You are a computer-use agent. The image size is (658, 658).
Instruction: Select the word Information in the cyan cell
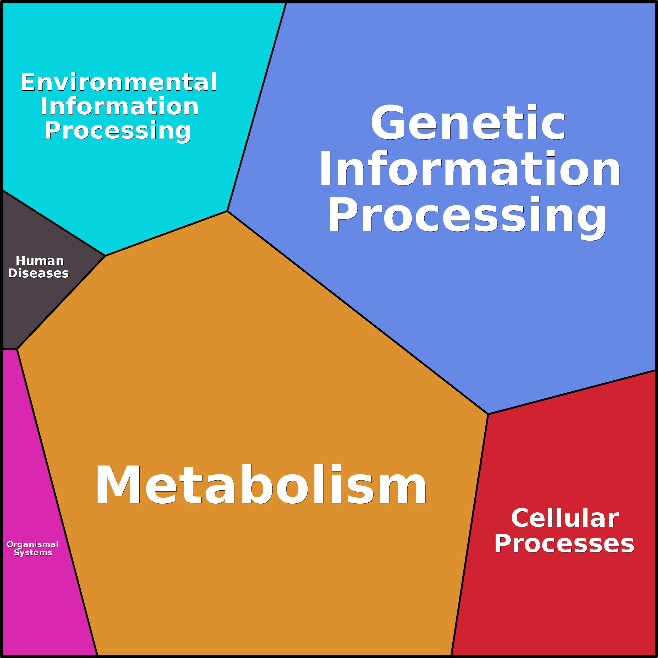click(x=119, y=107)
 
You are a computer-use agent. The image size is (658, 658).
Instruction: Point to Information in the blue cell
click(x=470, y=169)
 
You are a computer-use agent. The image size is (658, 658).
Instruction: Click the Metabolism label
click(x=261, y=485)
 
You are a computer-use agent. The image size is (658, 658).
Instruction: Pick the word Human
click(x=40, y=261)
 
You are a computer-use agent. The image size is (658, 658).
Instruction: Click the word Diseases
click(x=38, y=273)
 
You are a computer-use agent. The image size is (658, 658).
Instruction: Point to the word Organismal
click(x=33, y=544)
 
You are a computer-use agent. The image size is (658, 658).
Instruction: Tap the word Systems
click(x=33, y=552)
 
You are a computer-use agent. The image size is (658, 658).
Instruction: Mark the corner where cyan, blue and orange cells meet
click(x=227, y=211)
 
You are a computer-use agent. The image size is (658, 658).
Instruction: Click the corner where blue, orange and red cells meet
click(x=488, y=414)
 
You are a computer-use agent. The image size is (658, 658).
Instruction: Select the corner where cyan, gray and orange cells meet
click(x=105, y=256)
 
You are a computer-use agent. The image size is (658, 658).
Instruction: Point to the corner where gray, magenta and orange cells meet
click(x=17, y=349)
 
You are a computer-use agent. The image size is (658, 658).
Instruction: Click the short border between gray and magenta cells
click(x=9, y=349)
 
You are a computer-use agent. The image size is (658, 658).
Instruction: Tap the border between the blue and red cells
click(x=572, y=392)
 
